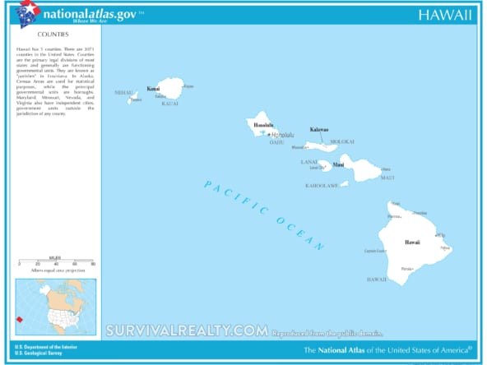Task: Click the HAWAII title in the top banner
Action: (x=444, y=14)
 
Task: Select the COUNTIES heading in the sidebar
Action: (x=53, y=35)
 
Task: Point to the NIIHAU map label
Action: (x=124, y=92)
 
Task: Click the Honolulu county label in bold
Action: (x=263, y=125)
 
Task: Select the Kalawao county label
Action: (x=319, y=130)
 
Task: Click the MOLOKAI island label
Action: (x=341, y=141)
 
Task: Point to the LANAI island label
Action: (x=310, y=162)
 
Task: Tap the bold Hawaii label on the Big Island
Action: (x=412, y=243)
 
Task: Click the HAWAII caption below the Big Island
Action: (x=377, y=280)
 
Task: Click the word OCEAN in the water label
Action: (x=305, y=235)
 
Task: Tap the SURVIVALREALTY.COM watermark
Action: (x=187, y=330)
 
